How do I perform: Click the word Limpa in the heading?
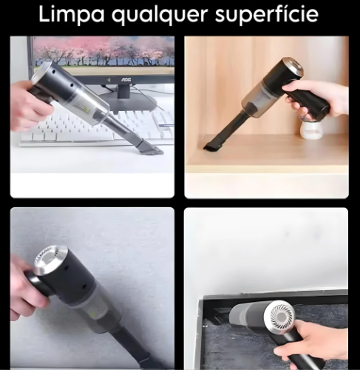(72, 15)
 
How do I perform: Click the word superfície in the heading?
(267, 15)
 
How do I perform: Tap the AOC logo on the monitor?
(126, 79)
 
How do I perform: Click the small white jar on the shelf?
(310, 129)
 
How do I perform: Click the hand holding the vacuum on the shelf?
(316, 98)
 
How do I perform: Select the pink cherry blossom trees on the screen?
(103, 50)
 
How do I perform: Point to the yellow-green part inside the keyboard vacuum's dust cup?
(87, 108)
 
